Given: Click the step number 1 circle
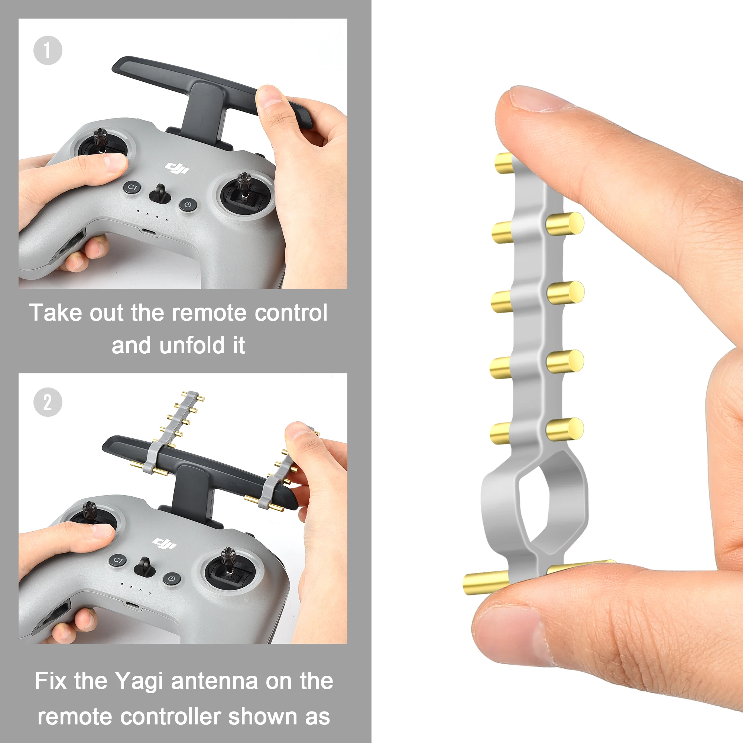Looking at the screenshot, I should (48, 51).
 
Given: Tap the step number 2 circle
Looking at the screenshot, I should (48, 402).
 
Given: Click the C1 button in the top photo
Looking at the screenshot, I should (132, 187).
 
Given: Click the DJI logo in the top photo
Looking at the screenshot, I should (177, 168).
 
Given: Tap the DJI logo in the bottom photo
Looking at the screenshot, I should (164, 544).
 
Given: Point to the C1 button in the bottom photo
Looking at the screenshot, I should (118, 560).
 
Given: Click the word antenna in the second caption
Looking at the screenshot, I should (214, 681).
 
